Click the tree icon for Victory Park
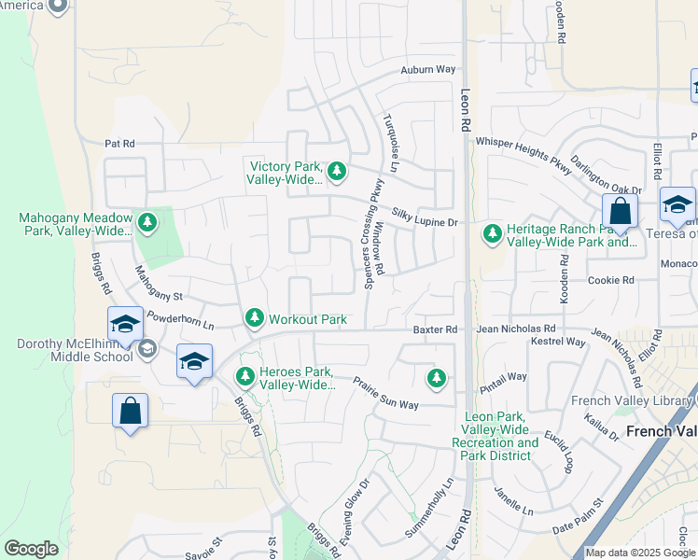[337, 171]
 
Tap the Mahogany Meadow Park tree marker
[147, 222]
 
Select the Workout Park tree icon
[254, 319]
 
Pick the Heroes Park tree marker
[244, 377]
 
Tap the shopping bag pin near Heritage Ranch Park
[620, 214]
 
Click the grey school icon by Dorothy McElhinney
[147, 349]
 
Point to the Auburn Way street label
[427, 70]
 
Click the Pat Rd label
[119, 144]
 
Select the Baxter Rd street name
[436, 330]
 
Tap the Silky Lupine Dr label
[425, 217]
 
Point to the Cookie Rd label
[610, 280]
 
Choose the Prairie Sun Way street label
[385, 393]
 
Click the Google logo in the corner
[31, 549]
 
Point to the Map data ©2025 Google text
[640, 553]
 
